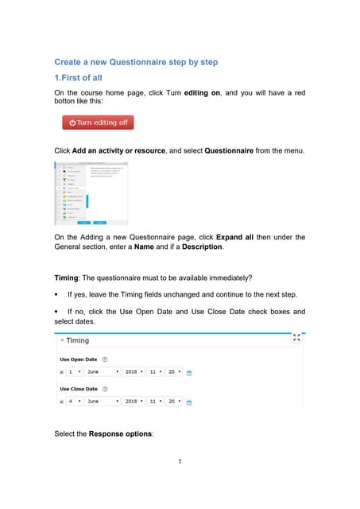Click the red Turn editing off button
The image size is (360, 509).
98,122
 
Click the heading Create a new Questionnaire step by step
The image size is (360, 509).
136,62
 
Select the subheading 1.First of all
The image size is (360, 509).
78,78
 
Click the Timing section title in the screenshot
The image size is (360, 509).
77,340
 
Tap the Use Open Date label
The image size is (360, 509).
79,359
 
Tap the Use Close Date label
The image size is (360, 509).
79,389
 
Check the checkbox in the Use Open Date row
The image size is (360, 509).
61,371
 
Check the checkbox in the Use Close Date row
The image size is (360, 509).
61,402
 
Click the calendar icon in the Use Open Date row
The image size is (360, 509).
190,372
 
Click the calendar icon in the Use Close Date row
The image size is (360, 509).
190,402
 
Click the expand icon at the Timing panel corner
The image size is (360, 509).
296,337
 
